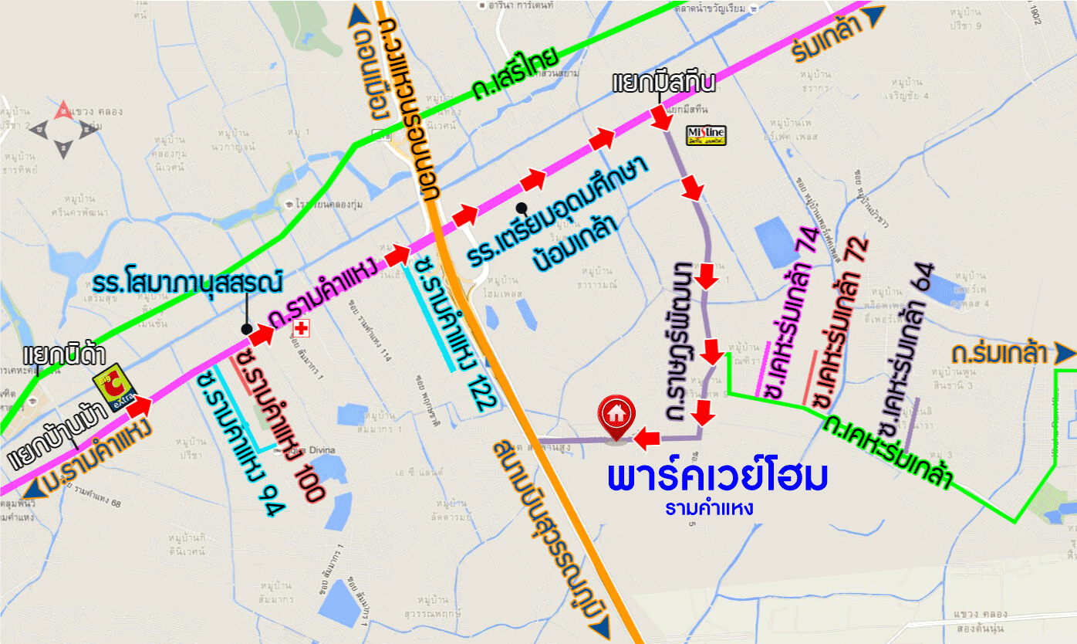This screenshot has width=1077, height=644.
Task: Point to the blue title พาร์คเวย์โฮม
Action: click(717, 478)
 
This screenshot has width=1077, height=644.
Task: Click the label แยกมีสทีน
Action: click(664, 82)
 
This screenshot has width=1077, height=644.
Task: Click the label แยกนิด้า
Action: click(53, 356)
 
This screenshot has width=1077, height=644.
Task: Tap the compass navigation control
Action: click(62, 130)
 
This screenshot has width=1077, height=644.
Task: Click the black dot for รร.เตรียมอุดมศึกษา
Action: click(522, 208)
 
